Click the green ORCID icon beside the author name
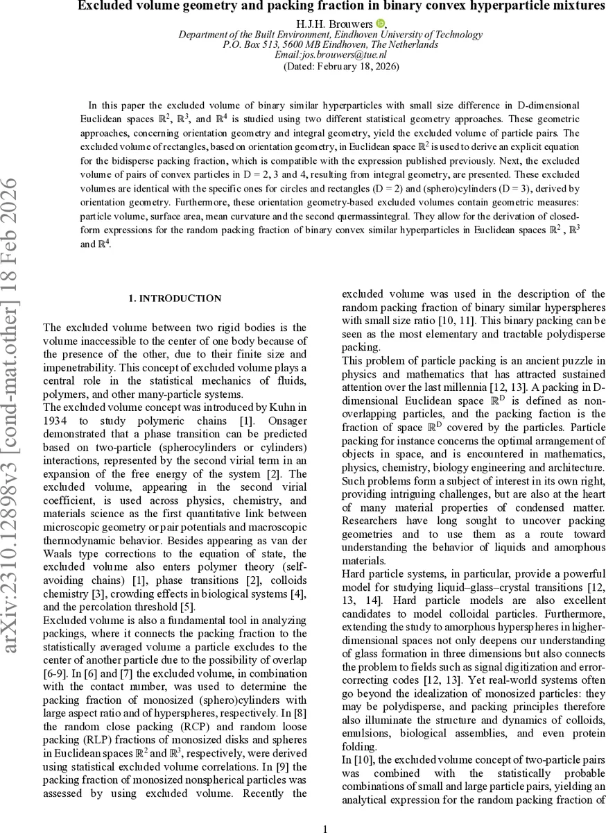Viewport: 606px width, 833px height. coord(380,24)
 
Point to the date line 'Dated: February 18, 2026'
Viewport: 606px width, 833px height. coord(341,67)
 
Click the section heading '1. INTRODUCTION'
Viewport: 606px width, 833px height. coord(175,298)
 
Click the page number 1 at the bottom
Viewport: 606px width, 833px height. coord(325,827)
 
